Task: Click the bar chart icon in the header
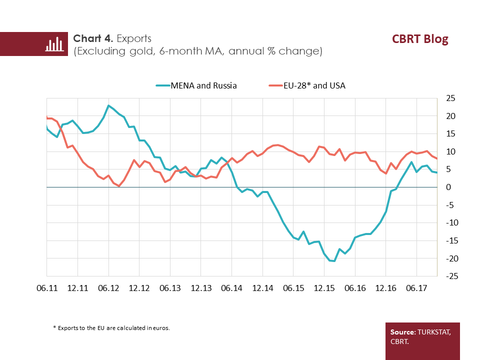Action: [54, 44]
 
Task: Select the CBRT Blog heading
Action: [420, 39]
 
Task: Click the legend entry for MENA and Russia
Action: [196, 85]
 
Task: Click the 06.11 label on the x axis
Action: [46, 288]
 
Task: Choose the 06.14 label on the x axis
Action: [231, 288]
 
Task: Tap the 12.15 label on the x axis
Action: [324, 288]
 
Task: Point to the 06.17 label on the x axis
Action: [416, 288]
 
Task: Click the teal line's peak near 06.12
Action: [108, 105]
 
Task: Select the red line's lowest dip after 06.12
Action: [119, 186]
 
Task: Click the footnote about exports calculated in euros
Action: [111, 328]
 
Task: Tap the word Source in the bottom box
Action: [403, 332]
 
